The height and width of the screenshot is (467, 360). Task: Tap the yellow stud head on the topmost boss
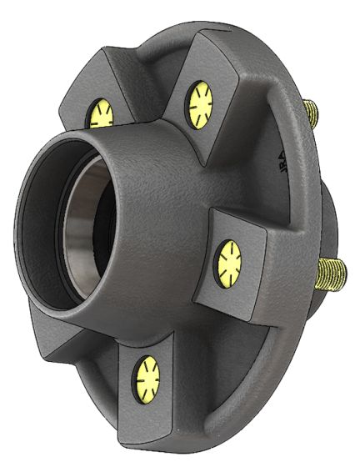pos(200,103)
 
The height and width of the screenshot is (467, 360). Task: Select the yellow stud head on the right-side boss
pos(228,264)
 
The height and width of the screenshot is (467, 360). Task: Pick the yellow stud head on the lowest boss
pos(147,376)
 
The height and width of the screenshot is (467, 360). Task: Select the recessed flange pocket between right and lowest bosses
pos(225,350)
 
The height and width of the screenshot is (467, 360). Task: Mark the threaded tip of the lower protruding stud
pos(341,272)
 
